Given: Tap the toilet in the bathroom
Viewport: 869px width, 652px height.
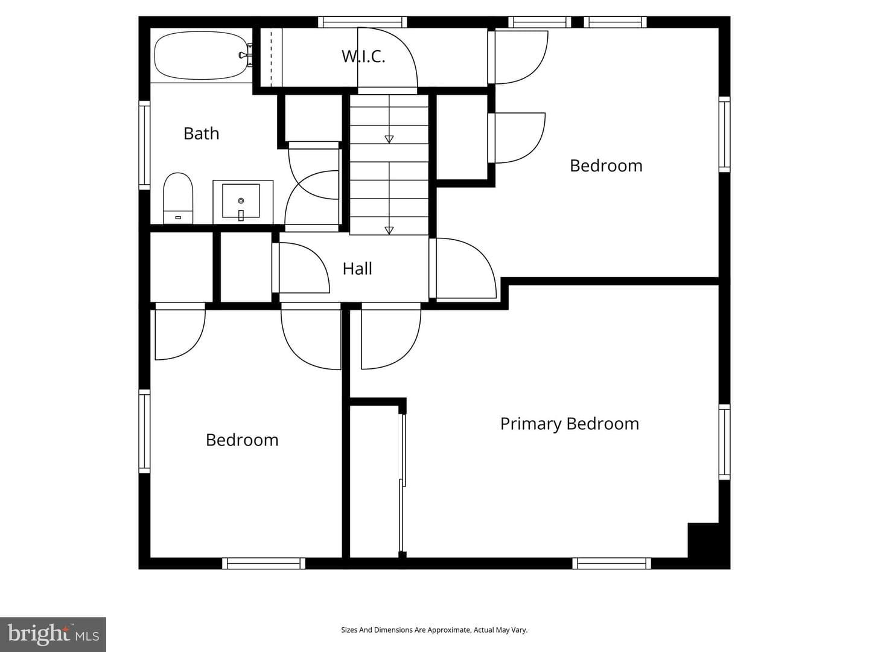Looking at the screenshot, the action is tap(178, 198).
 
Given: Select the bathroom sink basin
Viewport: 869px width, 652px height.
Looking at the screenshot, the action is tap(241, 200).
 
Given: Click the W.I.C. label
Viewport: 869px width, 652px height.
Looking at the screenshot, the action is tap(363, 57).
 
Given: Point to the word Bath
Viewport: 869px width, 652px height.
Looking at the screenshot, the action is tap(201, 133).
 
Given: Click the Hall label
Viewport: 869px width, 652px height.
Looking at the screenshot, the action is tap(357, 269).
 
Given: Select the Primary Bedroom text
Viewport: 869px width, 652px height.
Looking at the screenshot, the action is tap(570, 424).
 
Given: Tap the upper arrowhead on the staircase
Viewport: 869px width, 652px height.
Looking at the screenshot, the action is tap(389, 139).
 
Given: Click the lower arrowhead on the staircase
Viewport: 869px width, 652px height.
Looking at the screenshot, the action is tap(389, 230).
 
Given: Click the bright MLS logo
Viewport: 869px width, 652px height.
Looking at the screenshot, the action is tap(53, 634).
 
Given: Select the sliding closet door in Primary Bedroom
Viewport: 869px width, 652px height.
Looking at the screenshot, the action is tap(403, 483).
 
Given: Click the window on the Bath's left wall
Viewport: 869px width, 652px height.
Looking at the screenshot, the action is tap(144, 145).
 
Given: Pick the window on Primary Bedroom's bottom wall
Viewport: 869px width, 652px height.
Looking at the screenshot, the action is tap(612, 563).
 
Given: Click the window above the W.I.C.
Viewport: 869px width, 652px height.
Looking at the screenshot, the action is tap(363, 22).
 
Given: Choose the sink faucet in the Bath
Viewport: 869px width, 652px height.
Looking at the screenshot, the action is tap(241, 215).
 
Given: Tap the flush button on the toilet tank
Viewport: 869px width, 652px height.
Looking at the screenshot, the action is tap(178, 217).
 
